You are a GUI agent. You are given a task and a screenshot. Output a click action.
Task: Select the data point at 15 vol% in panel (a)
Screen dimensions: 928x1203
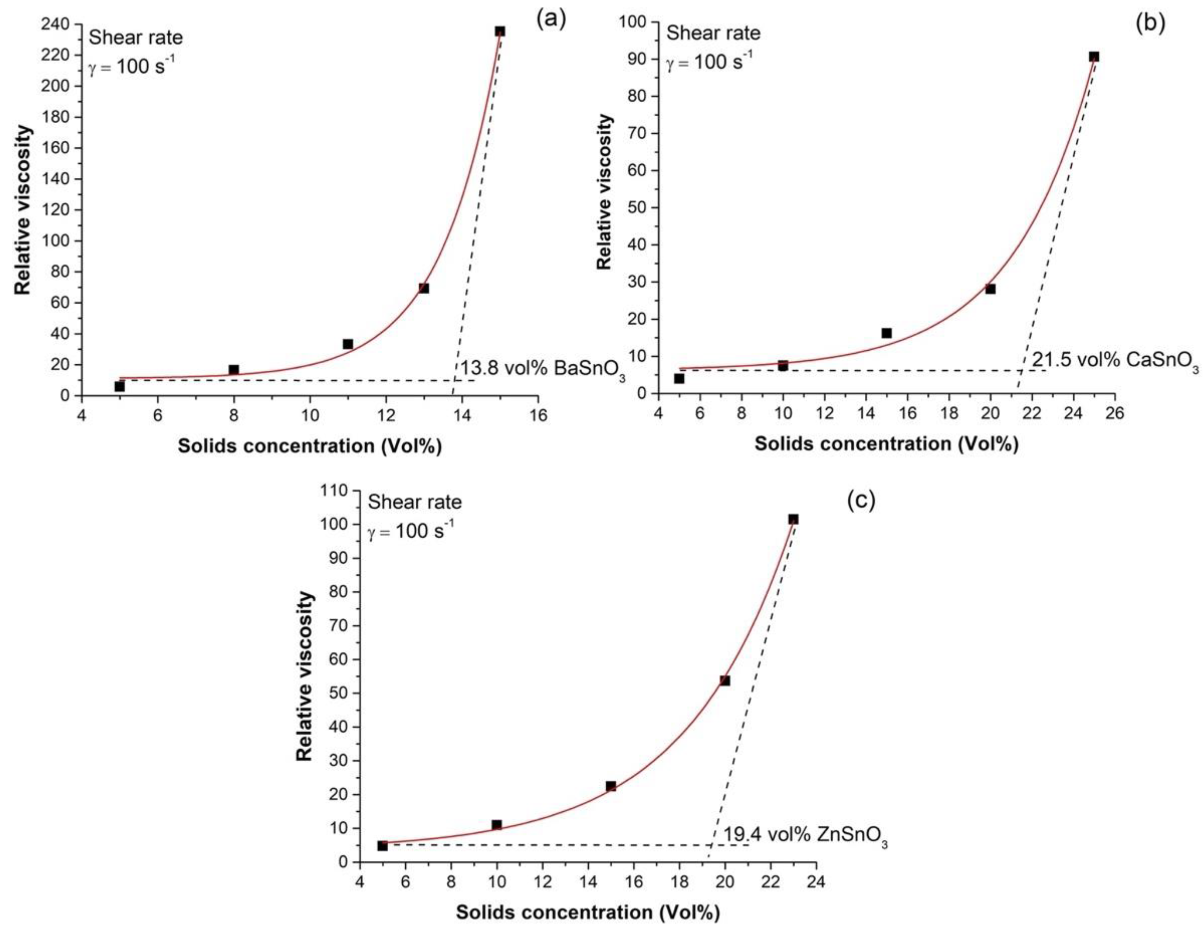(500, 31)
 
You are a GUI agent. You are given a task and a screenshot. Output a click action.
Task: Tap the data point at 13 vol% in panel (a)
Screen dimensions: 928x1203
(423, 288)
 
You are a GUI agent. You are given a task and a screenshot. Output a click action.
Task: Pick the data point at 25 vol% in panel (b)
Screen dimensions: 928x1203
(1094, 57)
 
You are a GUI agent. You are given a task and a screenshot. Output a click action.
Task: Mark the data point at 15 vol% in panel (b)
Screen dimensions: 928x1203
(886, 333)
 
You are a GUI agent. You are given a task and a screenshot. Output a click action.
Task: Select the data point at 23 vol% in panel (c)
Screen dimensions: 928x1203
(793, 519)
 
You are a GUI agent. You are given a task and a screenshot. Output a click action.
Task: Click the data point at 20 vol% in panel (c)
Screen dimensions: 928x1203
(725, 681)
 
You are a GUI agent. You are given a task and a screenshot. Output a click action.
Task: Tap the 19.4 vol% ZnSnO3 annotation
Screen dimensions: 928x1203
(805, 835)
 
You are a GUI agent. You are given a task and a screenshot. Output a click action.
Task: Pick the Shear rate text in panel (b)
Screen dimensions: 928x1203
(713, 33)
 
